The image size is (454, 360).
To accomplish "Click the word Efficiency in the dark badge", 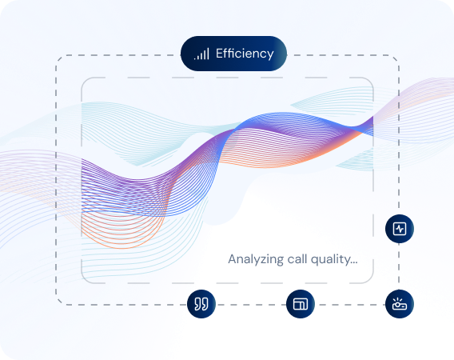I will click(245, 54).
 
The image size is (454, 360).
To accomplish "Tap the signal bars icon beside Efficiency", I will click(201, 54).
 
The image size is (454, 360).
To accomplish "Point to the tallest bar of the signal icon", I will click(208, 54).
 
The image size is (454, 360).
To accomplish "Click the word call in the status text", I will click(301, 259).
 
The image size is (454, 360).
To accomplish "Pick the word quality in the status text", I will click(334, 260).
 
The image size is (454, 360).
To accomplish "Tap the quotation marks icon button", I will click(201, 304).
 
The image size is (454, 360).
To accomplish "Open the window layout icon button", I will click(301, 304).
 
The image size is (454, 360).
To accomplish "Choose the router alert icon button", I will click(400, 304).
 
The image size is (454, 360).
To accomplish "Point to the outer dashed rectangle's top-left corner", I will click(56, 56).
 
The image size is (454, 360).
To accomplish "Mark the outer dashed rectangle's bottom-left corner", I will click(56, 305).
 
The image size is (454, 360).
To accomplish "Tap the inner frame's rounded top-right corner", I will click(371, 81).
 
